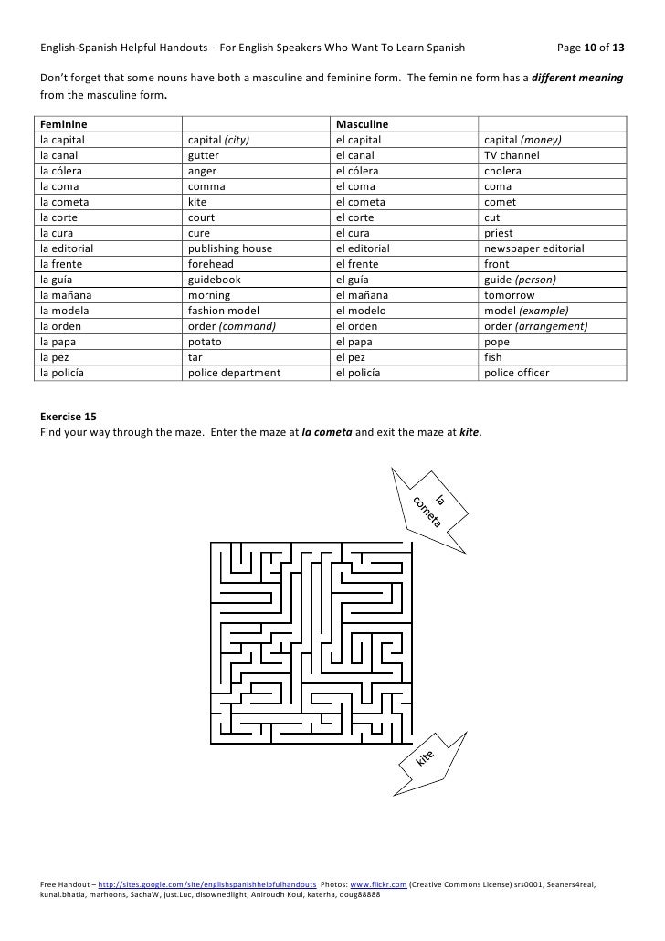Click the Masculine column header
click(x=363, y=123)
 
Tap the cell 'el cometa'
click(x=361, y=202)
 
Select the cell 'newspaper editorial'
click(x=534, y=248)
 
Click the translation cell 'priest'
click(x=500, y=233)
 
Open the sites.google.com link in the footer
click(x=208, y=884)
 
